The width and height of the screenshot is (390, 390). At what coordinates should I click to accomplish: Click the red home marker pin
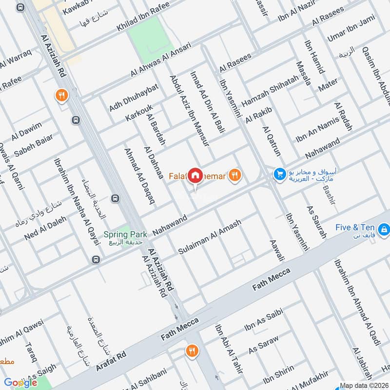195,175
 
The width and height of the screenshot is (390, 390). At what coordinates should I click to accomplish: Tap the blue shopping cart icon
279,174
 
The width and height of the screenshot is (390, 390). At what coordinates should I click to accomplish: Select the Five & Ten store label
354,227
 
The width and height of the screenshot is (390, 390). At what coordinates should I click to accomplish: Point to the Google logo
21,383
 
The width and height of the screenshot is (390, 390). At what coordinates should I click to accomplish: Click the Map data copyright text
364,386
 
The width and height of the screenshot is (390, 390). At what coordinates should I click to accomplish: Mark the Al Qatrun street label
272,141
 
